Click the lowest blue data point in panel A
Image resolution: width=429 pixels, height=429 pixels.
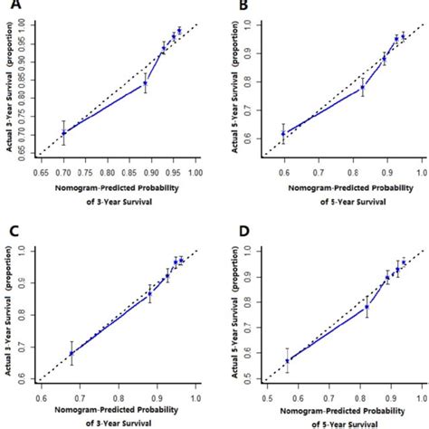63,132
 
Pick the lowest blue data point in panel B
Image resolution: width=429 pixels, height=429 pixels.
283,133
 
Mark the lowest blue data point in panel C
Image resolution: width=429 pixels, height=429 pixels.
71,353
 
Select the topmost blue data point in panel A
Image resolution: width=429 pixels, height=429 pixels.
179,31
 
